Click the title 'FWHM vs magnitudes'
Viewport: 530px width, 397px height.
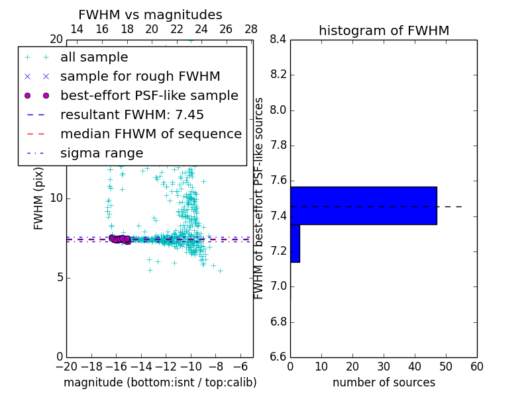point(150,15)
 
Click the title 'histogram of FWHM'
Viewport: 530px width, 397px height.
point(384,30)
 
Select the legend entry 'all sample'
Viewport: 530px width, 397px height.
point(94,58)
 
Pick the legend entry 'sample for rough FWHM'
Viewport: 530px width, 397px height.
point(140,77)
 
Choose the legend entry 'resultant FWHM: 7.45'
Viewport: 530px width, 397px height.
point(132,115)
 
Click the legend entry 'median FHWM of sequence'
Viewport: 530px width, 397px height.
point(150,134)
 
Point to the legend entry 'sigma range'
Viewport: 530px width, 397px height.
point(101,154)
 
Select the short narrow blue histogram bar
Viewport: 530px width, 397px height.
point(295,243)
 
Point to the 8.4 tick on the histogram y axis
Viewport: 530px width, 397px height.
point(278,40)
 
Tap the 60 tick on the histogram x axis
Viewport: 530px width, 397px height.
point(477,367)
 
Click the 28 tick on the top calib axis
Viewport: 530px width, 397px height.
point(251,29)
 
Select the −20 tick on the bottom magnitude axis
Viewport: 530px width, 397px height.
point(66,367)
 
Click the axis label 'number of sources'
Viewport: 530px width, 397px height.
point(384,382)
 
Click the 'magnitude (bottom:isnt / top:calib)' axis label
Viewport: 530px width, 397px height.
point(160,382)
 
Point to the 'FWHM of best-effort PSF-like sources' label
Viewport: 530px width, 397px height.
point(259,198)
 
